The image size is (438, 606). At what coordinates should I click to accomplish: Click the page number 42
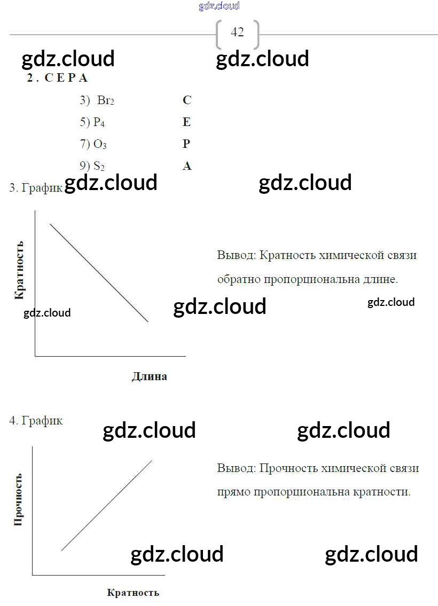[237, 32]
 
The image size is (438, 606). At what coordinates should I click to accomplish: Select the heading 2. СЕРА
[57, 78]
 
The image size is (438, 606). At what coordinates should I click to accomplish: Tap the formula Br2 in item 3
[105, 100]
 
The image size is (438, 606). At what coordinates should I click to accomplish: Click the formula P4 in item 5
[99, 122]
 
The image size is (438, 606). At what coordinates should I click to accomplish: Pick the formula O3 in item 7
[100, 144]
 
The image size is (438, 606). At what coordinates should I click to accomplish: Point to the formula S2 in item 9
[99, 166]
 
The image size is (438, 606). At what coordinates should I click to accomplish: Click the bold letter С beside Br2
[186, 100]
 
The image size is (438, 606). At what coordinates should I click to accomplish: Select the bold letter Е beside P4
[186, 122]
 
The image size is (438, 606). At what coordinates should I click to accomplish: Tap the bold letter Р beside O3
[186, 144]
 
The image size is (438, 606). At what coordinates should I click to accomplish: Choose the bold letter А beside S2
[186, 166]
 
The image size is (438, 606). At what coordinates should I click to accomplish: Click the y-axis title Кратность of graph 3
[19, 270]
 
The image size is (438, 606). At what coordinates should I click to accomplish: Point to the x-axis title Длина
[149, 376]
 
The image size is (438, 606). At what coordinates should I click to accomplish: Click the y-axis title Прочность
[18, 499]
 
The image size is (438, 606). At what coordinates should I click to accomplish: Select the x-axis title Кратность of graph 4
[133, 593]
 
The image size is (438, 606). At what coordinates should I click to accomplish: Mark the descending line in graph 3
[99, 273]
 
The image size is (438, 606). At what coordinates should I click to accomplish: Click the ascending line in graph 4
[107, 505]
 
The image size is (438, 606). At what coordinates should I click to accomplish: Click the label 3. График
[36, 188]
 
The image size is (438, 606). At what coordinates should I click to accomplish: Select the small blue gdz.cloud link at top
[219, 6]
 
